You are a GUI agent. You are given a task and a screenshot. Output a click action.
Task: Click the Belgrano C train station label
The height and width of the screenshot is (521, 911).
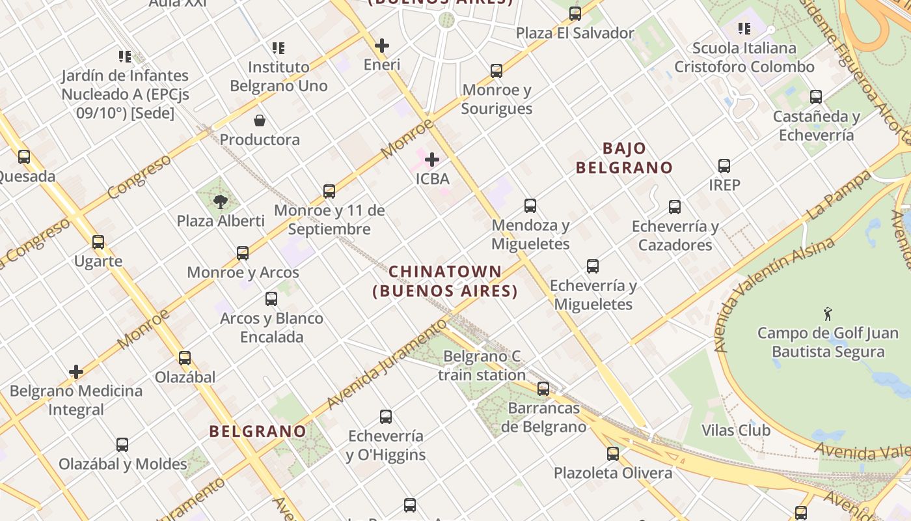pos(482,365)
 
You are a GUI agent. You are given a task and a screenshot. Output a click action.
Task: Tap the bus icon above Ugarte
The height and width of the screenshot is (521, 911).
pos(98,242)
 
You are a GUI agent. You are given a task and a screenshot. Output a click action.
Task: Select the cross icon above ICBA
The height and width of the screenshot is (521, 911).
pos(431,159)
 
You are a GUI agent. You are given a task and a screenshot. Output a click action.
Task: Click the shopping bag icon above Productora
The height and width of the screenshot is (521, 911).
pos(260,120)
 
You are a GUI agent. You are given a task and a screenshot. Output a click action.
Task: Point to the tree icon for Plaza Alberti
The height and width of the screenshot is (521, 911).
pos(221,201)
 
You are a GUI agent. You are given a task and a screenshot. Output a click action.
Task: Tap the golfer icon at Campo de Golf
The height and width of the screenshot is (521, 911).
pos(828,314)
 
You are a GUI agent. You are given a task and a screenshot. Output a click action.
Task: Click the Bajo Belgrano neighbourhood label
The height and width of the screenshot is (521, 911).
pos(624,158)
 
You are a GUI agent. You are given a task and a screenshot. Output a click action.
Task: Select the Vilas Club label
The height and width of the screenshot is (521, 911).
pos(736,430)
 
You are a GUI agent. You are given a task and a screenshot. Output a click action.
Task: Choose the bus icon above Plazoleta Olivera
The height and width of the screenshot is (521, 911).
pos(613,453)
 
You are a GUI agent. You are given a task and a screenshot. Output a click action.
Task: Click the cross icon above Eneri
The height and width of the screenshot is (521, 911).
pos(382,46)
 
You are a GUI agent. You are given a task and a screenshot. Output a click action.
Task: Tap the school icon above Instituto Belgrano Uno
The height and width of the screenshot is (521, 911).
pos(279,48)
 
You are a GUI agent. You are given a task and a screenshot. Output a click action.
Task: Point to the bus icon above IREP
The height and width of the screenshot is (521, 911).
pos(724,166)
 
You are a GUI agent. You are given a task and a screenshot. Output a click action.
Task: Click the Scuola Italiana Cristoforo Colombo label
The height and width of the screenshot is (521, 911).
pos(744,57)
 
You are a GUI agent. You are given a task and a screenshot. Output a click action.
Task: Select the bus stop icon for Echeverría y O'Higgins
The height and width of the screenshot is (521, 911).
pos(386,417)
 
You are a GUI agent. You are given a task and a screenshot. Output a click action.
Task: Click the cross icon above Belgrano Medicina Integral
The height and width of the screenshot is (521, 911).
pos(76,372)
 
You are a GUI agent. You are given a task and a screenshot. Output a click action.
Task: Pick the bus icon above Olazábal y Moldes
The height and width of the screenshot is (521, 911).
pos(122,445)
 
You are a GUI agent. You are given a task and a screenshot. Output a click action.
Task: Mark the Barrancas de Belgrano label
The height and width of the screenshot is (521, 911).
pos(544,417)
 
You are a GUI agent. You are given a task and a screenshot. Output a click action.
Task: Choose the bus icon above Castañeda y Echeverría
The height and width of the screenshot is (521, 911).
pos(816,97)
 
